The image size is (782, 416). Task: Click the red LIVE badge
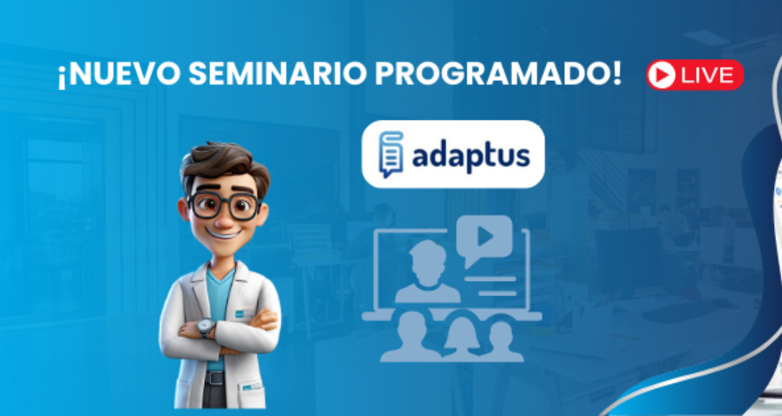[x=695, y=75]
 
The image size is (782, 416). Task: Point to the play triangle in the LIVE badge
[x=662, y=75]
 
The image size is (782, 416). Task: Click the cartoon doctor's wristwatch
[x=206, y=328]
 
